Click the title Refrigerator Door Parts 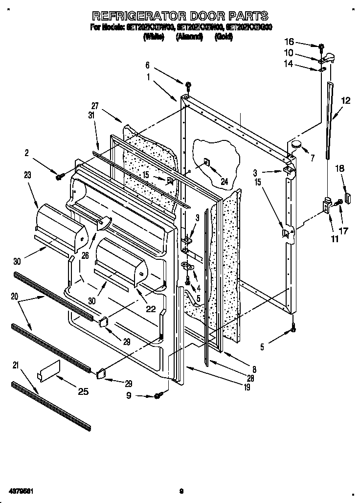180,15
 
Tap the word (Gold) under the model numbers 224,37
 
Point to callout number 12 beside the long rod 346,101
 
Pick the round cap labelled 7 296,144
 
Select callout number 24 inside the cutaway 225,181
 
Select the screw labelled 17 338,202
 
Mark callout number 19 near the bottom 247,388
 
